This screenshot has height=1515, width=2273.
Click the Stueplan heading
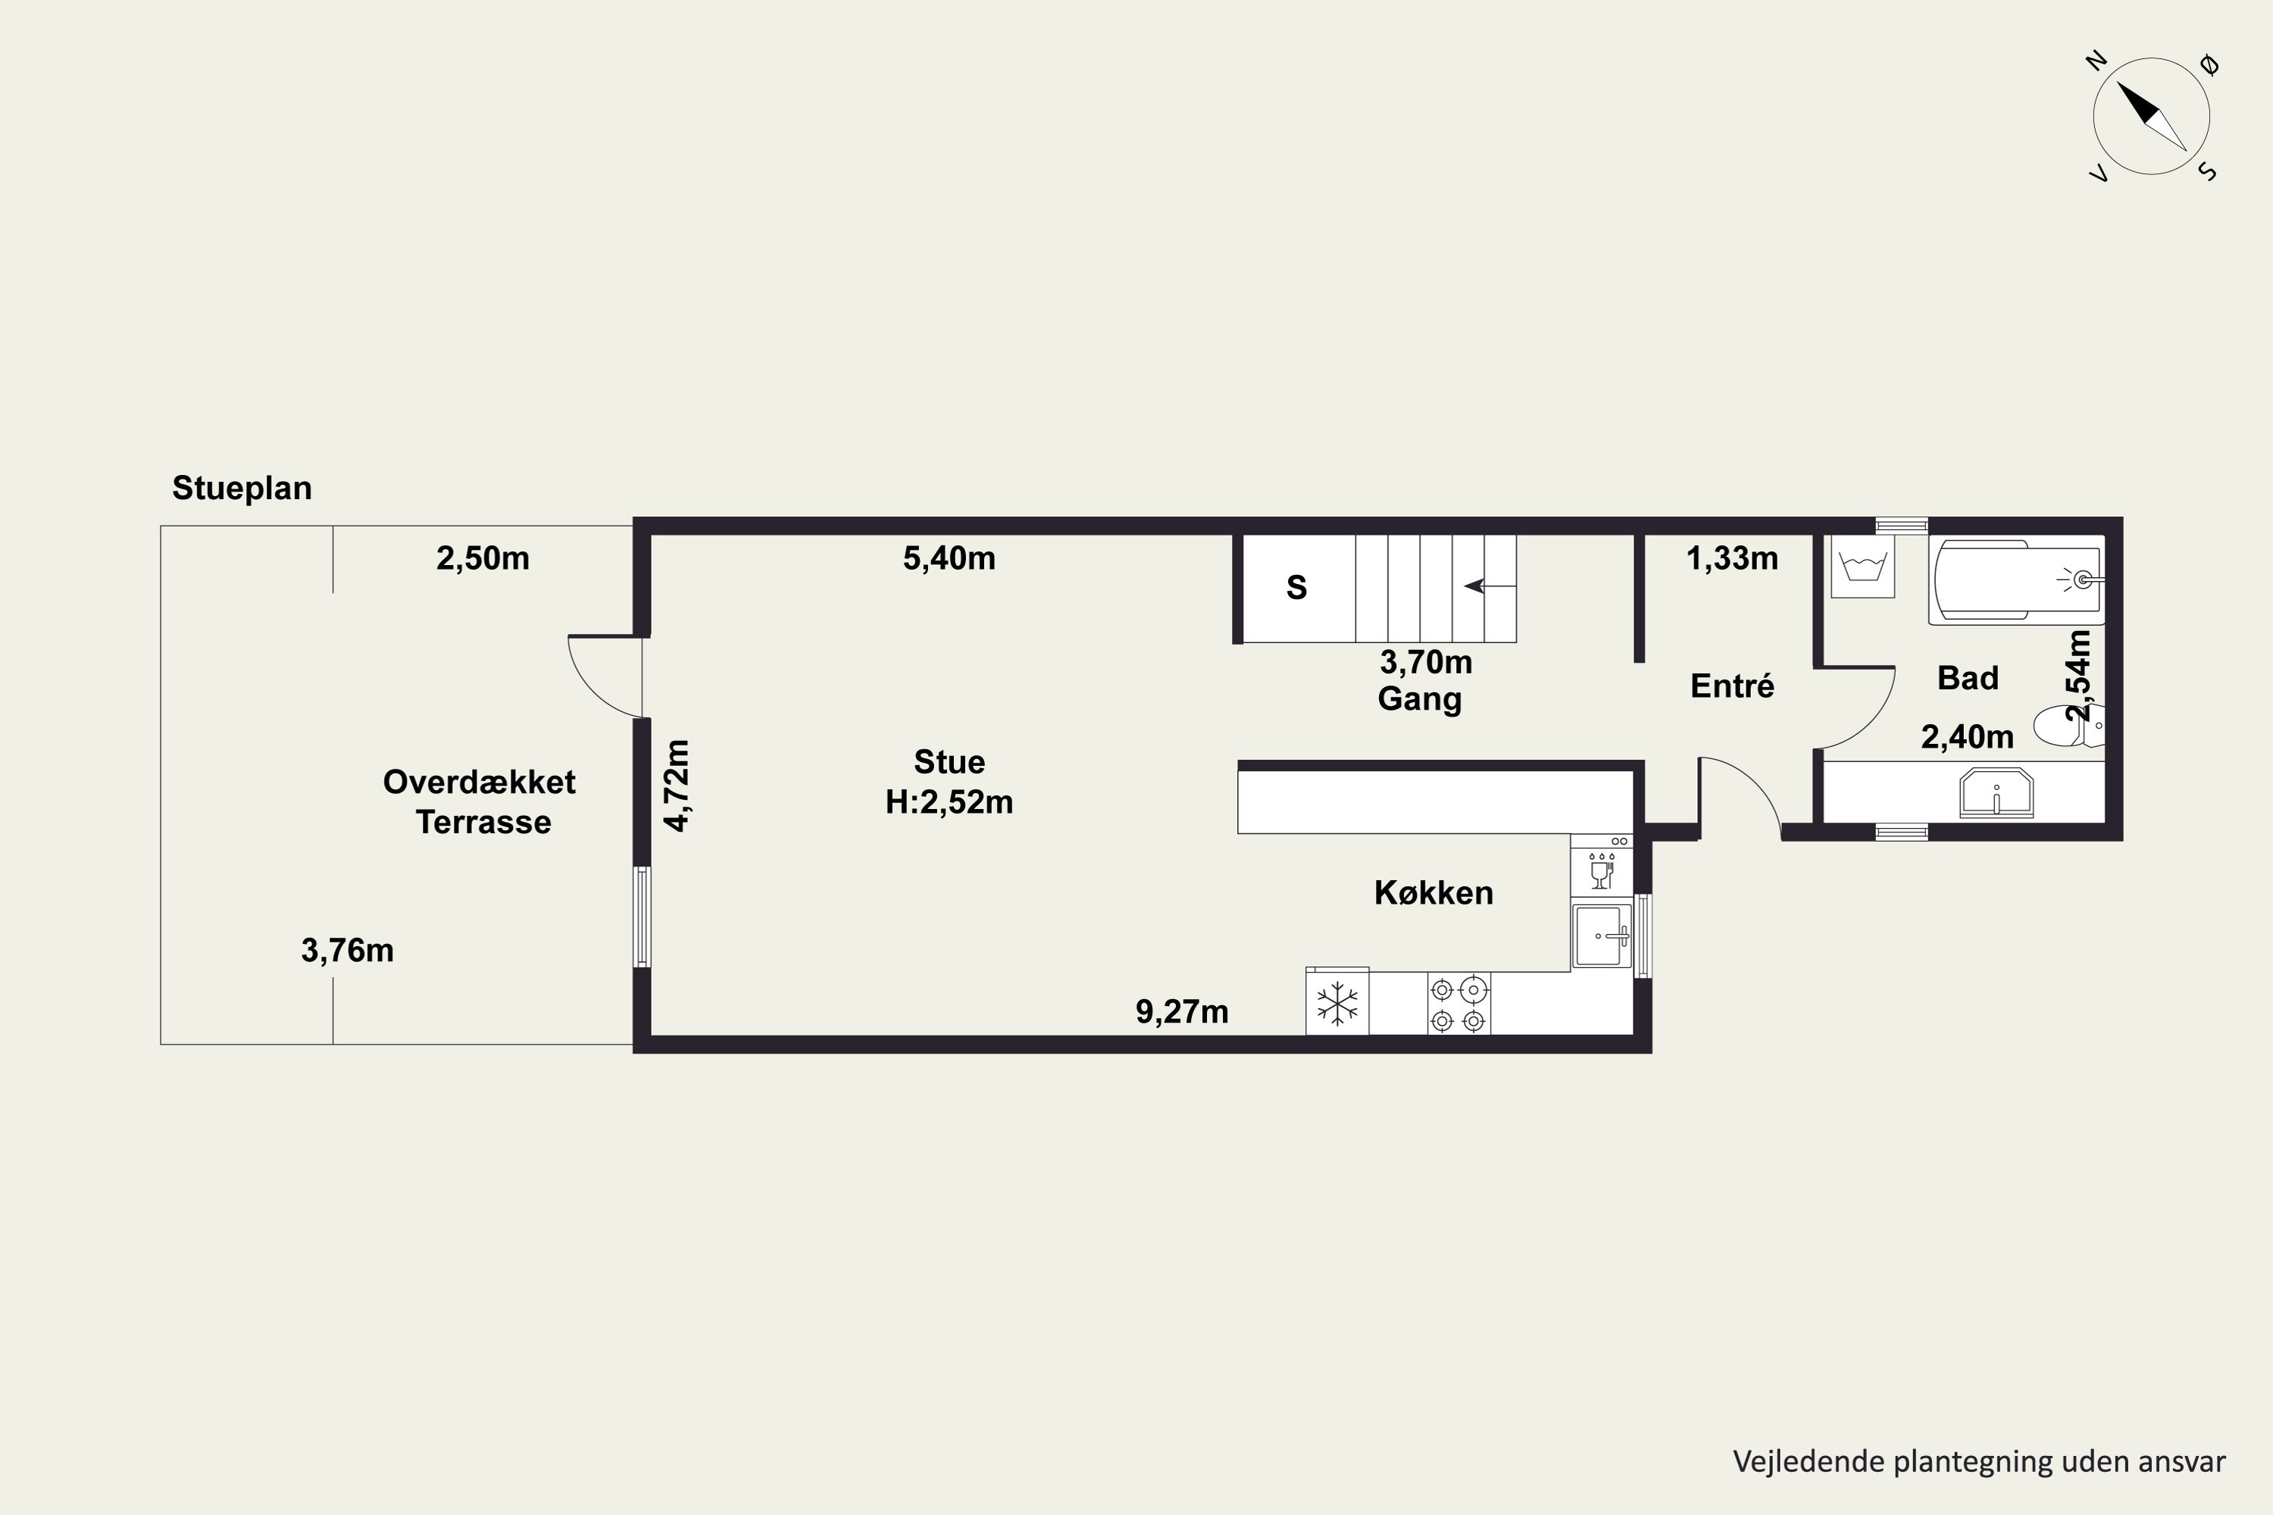pos(242,489)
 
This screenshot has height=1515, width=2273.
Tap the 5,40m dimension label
pos(949,558)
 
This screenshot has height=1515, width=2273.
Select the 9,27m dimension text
pos(1182,1011)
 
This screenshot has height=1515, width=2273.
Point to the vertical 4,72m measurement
pos(677,786)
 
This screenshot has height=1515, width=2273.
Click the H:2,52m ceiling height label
pos(949,802)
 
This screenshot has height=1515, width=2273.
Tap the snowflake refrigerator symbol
pos(1337,1003)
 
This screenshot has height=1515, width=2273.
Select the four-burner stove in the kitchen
pos(1459,1004)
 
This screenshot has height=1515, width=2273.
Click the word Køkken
pos(1434,893)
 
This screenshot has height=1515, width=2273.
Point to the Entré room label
pos(1732,686)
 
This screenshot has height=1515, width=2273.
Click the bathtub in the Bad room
pos(2017,581)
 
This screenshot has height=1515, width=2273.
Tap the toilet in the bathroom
pos(2068,726)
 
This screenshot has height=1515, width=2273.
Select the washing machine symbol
pos(1862,566)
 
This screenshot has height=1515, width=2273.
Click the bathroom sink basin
pos(1996,793)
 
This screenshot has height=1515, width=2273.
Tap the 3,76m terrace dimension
pos(347,951)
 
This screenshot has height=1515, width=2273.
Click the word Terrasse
pos(483,822)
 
